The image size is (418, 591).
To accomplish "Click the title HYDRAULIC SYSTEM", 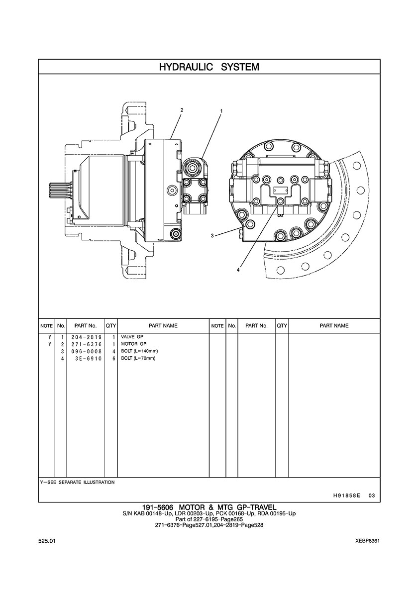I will click(x=209, y=67).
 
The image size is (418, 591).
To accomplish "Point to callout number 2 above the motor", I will click(x=182, y=110).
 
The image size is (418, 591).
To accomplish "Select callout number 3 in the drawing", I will click(x=212, y=236).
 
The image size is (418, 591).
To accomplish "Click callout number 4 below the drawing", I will click(x=238, y=270).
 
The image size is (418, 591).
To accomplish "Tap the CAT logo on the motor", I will click(x=281, y=215).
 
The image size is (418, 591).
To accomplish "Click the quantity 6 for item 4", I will click(x=114, y=358).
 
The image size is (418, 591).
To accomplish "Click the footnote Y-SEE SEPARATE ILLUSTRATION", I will click(x=77, y=482).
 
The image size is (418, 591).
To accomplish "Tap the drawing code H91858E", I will click(x=347, y=495).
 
